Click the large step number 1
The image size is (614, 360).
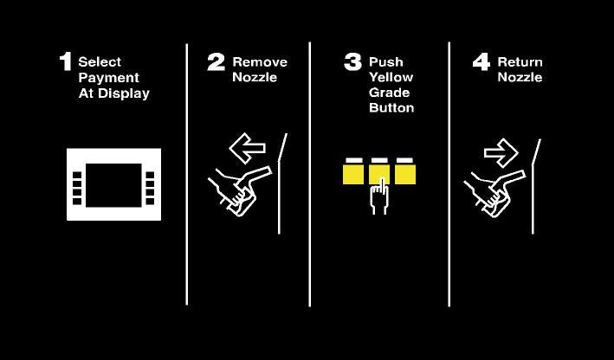click(66, 61)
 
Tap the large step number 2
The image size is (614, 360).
click(217, 61)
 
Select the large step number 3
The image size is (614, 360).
click(352, 61)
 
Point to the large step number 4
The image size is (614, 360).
click(482, 61)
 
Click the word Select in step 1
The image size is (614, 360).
click(100, 61)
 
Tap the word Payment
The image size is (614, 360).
click(109, 78)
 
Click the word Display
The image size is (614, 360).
click(124, 93)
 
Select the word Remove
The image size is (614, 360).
click(260, 61)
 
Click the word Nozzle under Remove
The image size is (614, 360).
click(255, 77)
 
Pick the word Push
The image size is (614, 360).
click(386, 61)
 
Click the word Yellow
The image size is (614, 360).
click(391, 77)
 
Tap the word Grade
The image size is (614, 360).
click(390, 93)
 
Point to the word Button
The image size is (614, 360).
click(391, 107)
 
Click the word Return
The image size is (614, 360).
click(520, 61)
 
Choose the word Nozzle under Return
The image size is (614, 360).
click(520, 77)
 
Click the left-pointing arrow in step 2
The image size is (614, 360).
click(247, 148)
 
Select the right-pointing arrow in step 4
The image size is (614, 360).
click(501, 153)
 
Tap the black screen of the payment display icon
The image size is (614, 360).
click(114, 185)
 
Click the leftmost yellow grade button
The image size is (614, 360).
click(353, 174)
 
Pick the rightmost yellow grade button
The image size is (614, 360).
click(405, 174)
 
